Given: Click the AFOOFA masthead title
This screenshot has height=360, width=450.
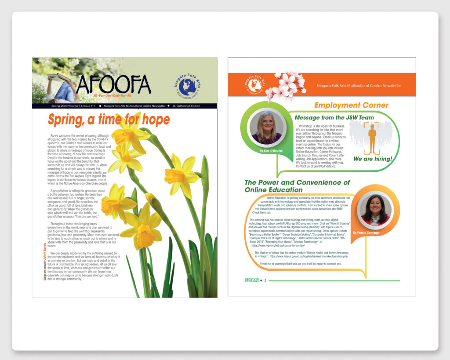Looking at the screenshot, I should click(x=113, y=84).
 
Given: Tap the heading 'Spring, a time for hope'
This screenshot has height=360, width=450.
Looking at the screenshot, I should click(x=109, y=120).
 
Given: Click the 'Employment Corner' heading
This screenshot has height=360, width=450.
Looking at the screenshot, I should click(x=351, y=105).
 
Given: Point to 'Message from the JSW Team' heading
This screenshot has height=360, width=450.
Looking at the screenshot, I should click(x=334, y=118).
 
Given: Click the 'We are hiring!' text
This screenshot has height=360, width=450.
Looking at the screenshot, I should click(x=372, y=159).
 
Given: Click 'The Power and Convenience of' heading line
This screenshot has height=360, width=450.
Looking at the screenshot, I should click(x=297, y=182).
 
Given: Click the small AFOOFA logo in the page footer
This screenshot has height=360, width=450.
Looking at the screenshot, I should click(x=252, y=280).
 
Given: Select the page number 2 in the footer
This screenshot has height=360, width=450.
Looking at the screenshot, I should click(x=265, y=280).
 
